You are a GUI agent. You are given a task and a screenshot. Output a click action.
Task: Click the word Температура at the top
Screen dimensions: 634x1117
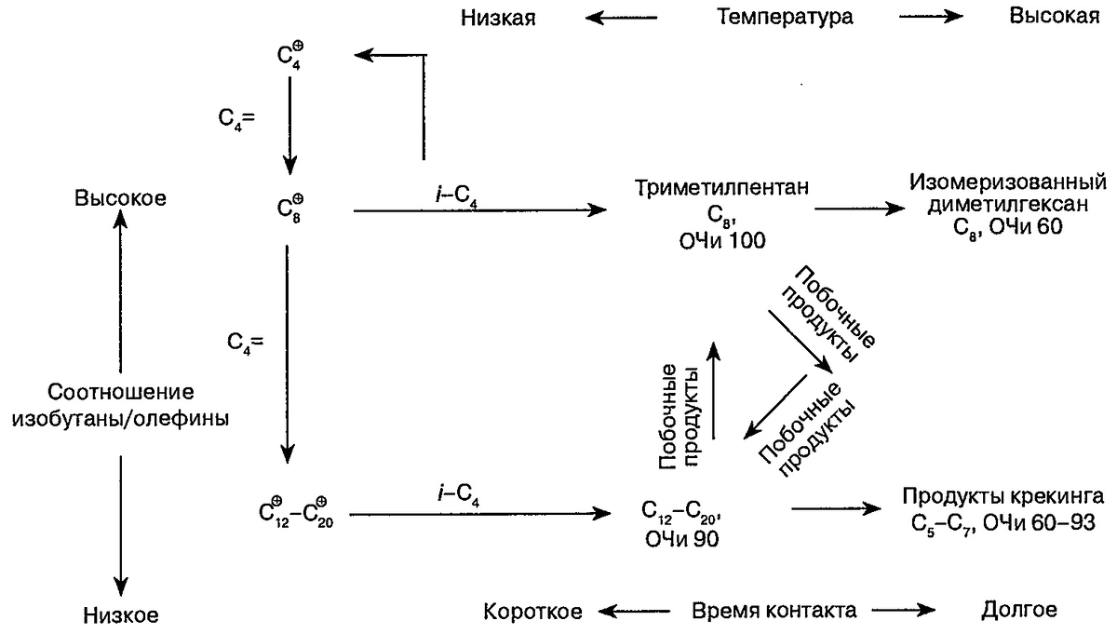(786, 17)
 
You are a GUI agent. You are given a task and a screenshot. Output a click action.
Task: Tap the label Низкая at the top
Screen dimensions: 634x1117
(497, 17)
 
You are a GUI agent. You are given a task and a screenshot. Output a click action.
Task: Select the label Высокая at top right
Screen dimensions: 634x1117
(1054, 17)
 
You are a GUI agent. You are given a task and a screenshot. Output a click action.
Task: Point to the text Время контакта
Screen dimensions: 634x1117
(774, 612)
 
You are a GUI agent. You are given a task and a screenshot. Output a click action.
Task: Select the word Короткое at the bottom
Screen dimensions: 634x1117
(532, 612)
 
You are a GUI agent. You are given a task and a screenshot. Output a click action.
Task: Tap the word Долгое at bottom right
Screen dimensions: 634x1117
(1019, 612)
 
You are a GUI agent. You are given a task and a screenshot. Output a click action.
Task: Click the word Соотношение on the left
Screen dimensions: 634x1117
(121, 391)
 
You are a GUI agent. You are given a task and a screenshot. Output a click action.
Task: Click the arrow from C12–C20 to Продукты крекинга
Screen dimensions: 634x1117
(835, 508)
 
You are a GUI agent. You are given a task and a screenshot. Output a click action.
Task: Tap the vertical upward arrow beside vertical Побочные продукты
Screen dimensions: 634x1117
(713, 389)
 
